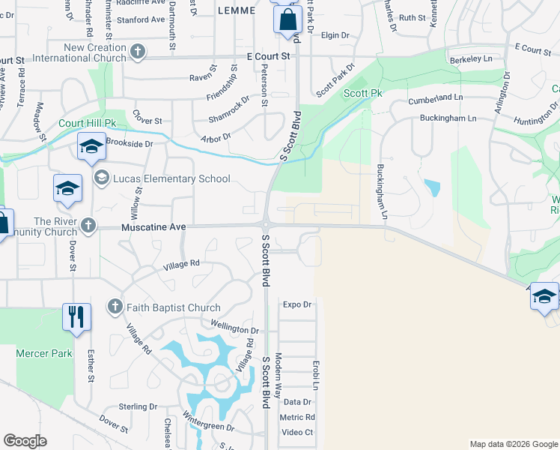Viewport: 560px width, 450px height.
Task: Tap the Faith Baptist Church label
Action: coord(174,307)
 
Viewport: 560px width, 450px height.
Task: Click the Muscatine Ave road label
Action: coord(153,226)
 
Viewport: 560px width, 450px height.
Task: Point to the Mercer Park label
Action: coord(43,353)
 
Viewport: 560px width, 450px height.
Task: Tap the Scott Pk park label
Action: coord(363,94)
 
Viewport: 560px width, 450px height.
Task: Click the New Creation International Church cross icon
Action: coord(137,52)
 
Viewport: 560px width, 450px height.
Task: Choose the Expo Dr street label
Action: coord(296,304)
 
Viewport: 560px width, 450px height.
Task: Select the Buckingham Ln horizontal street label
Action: coord(448,118)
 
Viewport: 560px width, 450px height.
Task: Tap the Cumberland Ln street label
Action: coord(436,98)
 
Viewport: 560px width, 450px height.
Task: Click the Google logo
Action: coord(25,441)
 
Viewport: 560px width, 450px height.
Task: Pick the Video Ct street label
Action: coord(297,432)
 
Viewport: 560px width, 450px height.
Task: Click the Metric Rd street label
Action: coord(297,417)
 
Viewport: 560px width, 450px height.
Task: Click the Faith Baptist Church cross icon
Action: coord(115,307)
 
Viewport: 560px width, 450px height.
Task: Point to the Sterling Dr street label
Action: coord(138,406)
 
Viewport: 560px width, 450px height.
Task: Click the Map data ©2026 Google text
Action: coord(513,444)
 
